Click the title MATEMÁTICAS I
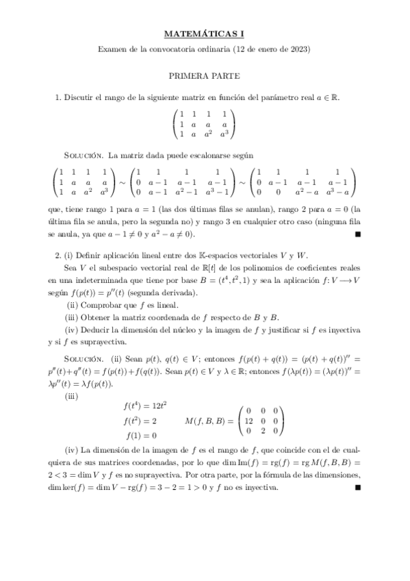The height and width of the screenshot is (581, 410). [205, 32]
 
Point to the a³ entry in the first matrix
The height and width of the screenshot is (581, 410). [224, 134]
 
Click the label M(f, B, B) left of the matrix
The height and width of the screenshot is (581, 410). [208, 421]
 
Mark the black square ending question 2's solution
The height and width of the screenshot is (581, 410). [358, 488]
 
